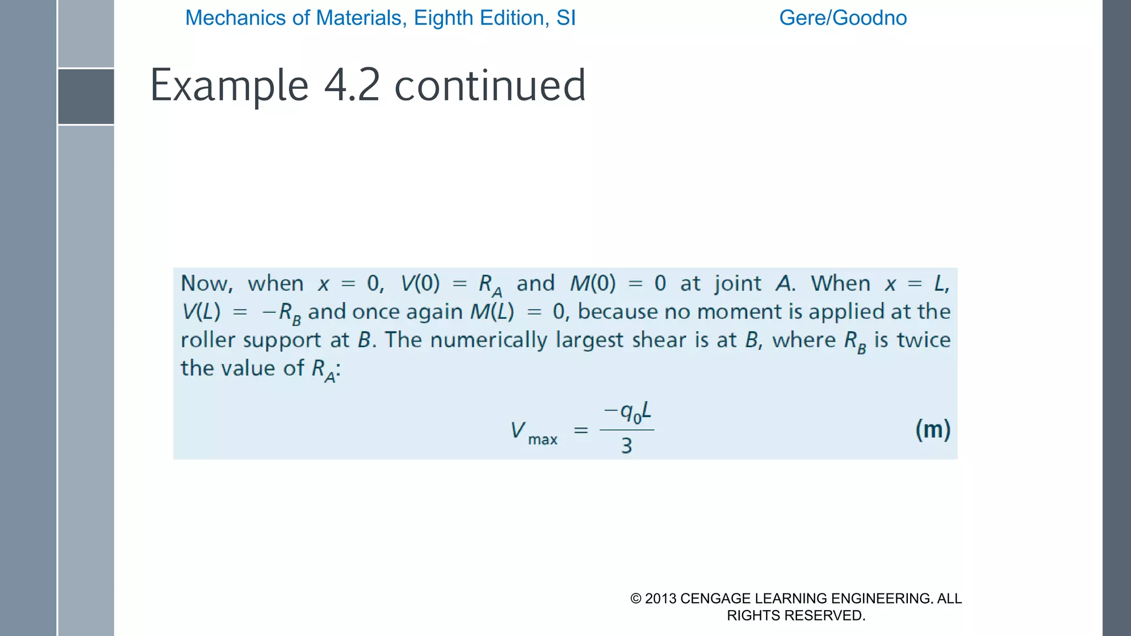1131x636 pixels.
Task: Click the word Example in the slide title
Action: [x=229, y=86]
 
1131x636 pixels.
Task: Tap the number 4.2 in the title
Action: [x=352, y=86]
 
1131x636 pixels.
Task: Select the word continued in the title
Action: [x=490, y=86]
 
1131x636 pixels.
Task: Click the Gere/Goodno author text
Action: [x=843, y=18]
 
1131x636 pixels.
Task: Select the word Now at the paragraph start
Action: [x=204, y=284]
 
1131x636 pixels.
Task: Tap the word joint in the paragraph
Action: [x=738, y=284]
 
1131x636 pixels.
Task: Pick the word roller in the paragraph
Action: [x=208, y=340]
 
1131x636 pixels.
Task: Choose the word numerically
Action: [x=488, y=340]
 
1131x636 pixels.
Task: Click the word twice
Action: [x=923, y=340]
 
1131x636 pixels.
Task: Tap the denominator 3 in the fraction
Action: [x=626, y=446]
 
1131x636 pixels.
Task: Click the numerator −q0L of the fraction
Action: [x=627, y=412]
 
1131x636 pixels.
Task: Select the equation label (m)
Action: [x=933, y=430]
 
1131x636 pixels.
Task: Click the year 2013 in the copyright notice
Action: [x=660, y=598]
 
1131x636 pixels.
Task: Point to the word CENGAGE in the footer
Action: [x=715, y=598]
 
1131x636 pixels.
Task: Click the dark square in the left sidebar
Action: [x=86, y=97]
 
